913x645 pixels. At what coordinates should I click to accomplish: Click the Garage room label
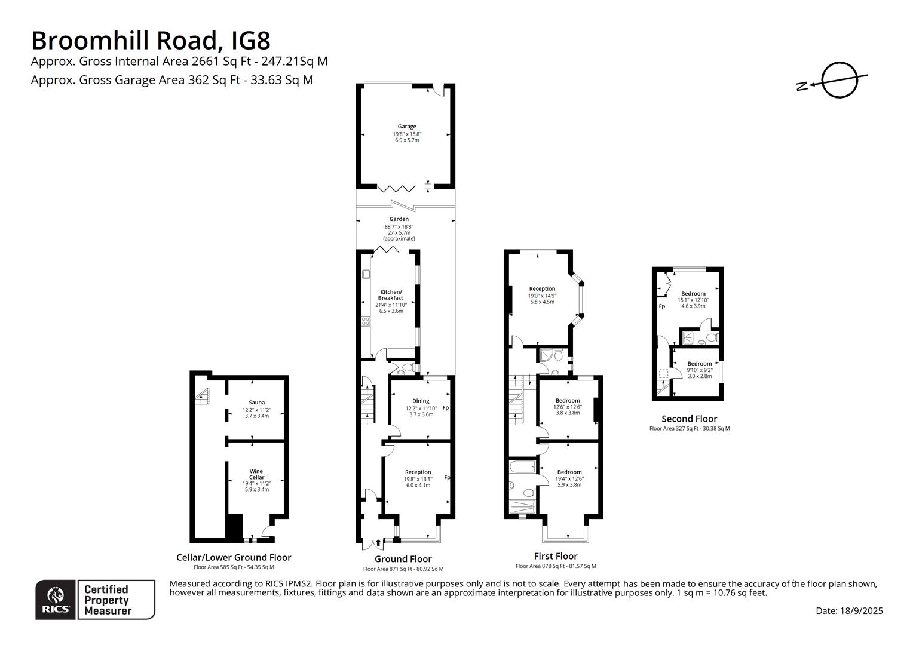click(x=407, y=126)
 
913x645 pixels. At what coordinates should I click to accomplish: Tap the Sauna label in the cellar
click(x=257, y=402)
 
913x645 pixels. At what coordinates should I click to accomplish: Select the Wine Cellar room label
click(x=256, y=474)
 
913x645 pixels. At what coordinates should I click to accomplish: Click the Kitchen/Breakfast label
click(x=391, y=295)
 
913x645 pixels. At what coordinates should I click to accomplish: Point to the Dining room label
click(x=421, y=401)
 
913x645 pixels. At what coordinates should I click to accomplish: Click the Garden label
click(x=399, y=219)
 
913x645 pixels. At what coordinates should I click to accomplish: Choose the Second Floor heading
click(x=690, y=419)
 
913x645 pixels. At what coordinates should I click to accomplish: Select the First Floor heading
click(x=556, y=556)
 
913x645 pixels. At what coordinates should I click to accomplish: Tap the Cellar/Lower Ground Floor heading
click(x=234, y=557)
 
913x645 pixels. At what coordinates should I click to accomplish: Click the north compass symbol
click(x=832, y=80)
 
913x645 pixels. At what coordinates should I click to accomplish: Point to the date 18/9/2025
click(x=861, y=610)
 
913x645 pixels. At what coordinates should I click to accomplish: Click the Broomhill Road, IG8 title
click(x=151, y=41)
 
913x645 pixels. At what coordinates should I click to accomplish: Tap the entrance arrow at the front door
click(x=378, y=542)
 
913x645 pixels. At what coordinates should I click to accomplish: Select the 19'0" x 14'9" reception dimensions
click(x=542, y=296)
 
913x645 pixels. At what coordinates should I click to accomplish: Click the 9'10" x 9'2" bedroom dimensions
click(x=700, y=370)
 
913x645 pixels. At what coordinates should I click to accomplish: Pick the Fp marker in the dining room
click(x=446, y=407)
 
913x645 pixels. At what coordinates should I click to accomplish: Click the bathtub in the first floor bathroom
click(x=522, y=466)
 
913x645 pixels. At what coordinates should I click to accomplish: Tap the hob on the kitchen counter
click(x=366, y=321)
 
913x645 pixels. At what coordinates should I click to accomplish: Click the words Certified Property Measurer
click(x=108, y=600)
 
